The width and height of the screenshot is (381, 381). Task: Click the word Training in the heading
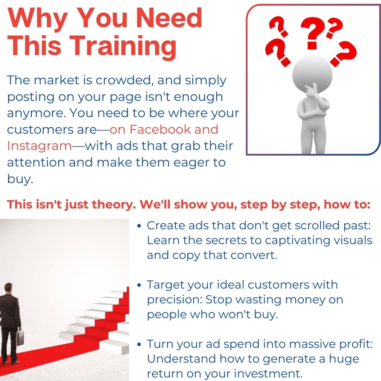[x=124, y=46]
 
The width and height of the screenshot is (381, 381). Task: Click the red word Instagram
[x=40, y=146]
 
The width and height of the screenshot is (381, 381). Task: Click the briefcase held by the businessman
[x=20, y=338]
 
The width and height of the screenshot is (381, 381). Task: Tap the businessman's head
[x=8, y=288]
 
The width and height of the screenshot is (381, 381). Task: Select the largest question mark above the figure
[x=313, y=33]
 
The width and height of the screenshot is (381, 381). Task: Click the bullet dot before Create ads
[x=139, y=226]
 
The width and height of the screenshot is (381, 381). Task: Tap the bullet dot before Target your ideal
[x=139, y=285]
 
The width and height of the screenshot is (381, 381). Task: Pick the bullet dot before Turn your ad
[x=139, y=344]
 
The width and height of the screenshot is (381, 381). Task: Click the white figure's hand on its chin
[x=311, y=90]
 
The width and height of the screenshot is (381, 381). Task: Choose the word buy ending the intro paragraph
[x=20, y=179]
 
